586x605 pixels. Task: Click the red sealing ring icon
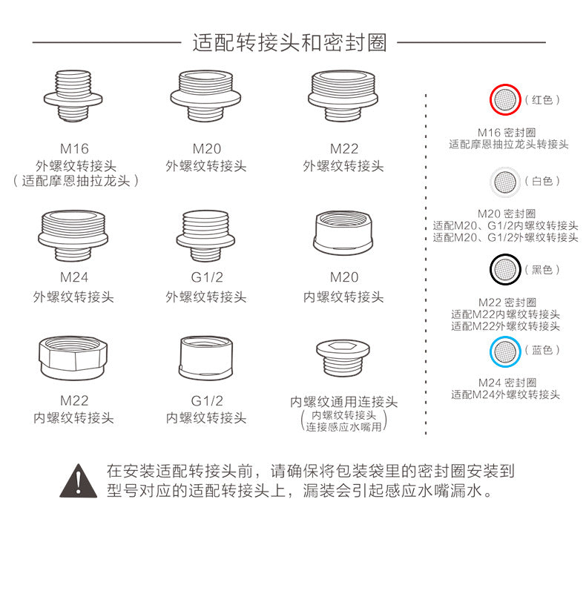(505, 99)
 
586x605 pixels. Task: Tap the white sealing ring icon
(505, 181)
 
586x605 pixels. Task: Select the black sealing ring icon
(505, 270)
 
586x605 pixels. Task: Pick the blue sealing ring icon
(505, 350)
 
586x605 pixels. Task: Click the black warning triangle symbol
(78, 480)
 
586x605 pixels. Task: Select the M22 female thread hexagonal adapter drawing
(73, 359)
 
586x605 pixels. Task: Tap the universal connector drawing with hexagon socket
(343, 357)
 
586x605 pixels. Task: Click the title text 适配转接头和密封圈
(289, 42)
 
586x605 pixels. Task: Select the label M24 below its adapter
(73, 278)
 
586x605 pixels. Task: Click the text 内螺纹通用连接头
(343, 402)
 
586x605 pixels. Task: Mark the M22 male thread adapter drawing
(343, 97)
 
